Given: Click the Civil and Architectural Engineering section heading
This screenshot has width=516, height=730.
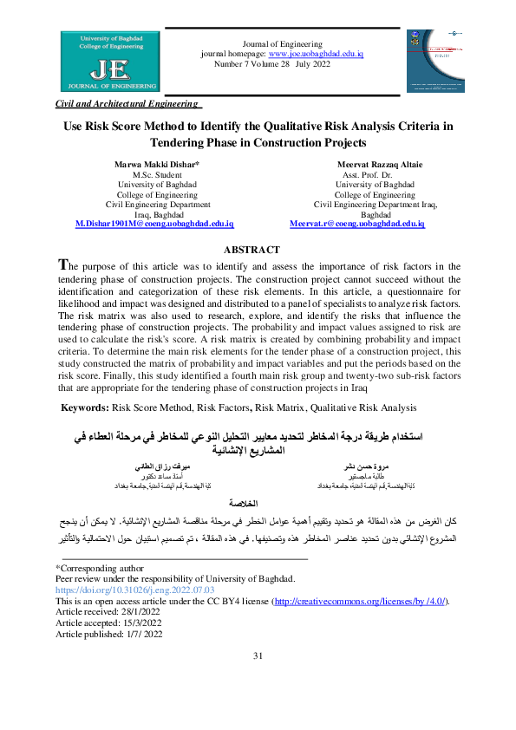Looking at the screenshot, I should [x=128, y=103].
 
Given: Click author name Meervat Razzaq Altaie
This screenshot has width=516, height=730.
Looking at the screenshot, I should [x=376, y=165].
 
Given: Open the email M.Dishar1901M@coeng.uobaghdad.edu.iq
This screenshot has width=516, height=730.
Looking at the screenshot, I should [x=155, y=224].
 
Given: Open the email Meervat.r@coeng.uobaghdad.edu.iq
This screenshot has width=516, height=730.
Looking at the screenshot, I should [x=356, y=224].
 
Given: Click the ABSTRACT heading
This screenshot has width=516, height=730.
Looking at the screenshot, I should [x=257, y=250].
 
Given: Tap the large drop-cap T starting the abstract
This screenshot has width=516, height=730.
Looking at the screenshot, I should [x=62, y=264].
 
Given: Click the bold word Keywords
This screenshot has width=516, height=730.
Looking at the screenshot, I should [x=84, y=407].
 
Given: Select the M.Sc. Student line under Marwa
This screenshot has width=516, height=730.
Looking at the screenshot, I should [x=157, y=175].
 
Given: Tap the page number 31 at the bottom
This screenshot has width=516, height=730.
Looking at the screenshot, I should [x=258, y=680].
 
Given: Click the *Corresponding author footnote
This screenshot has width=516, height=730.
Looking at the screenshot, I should [x=95, y=567].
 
